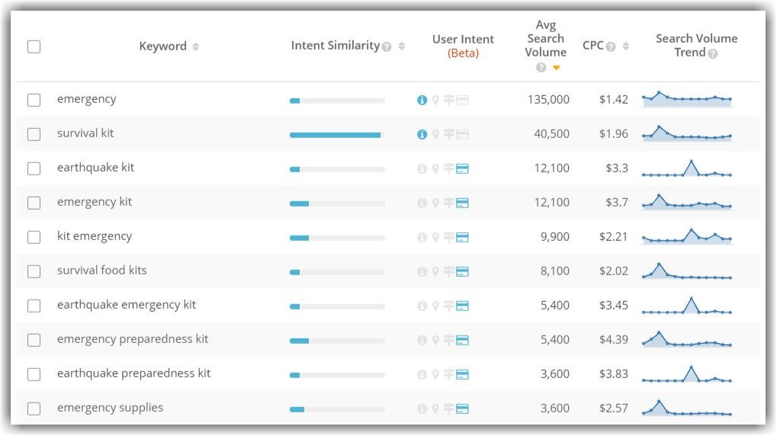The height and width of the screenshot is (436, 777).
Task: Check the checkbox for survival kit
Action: [34, 134]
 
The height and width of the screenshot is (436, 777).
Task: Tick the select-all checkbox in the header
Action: [34, 46]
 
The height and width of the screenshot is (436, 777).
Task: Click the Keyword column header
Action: [162, 46]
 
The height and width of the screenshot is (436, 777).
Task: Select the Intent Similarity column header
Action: [335, 46]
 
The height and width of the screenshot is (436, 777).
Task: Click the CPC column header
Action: [592, 46]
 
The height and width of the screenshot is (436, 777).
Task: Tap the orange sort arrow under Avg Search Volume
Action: [557, 68]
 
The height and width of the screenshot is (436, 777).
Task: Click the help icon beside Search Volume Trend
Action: [713, 53]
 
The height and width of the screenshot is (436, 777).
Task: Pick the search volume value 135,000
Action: [547, 100]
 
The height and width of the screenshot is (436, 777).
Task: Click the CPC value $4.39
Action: [613, 340]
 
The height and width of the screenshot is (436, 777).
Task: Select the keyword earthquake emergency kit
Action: [127, 305]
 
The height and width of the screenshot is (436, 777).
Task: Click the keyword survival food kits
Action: [102, 271]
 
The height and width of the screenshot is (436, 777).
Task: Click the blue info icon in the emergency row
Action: [422, 100]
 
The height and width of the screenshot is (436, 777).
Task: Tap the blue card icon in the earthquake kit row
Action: [462, 168]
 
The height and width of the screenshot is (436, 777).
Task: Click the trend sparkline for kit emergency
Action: [686, 236]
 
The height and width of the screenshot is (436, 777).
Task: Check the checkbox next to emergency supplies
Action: [34, 409]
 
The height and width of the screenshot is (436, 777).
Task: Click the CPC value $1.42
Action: [613, 100]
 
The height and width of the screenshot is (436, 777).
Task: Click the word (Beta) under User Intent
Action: [463, 53]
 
